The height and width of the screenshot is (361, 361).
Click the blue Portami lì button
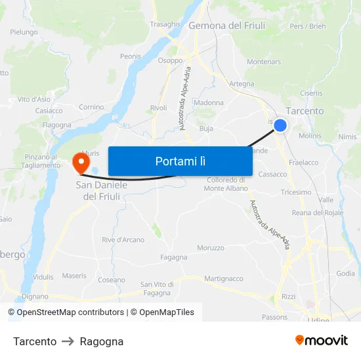coord(180,161)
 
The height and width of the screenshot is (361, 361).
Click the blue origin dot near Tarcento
coord(280,125)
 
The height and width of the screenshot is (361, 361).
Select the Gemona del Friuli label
coord(226,26)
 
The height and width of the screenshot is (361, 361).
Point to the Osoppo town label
coord(170,60)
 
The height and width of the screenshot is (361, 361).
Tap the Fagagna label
coord(174,257)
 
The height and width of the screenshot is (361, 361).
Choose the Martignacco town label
coord(224,279)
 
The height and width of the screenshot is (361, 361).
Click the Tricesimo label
coord(296,192)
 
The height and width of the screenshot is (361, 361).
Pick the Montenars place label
coord(264,62)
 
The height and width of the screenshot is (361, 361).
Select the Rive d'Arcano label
coord(123,240)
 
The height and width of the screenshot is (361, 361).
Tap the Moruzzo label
coord(211,248)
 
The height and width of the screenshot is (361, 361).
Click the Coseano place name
coord(112,280)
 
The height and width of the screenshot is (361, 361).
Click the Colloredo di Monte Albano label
coord(226,184)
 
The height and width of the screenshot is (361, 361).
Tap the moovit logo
coord(322,341)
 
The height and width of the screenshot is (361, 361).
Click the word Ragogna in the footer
coord(102,341)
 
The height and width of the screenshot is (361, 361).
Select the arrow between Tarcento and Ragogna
coord(68,341)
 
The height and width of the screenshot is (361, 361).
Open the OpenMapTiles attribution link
coord(162,312)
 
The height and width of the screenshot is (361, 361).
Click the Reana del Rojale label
coord(318,213)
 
